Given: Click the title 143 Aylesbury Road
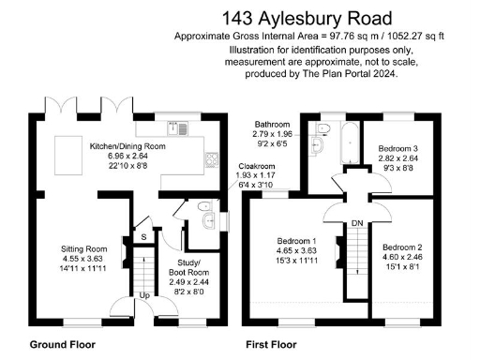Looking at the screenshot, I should (307, 18).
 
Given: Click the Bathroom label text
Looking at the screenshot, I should (274, 125).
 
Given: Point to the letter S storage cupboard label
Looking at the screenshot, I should (143, 238).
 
